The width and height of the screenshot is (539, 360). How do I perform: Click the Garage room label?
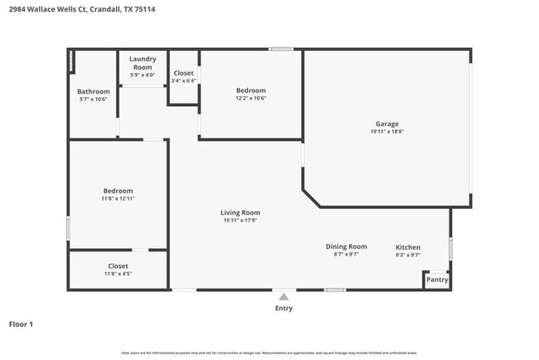click(x=386, y=124)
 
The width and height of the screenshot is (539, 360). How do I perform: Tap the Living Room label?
click(x=240, y=212)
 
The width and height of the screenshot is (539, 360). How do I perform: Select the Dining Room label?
click(x=345, y=246)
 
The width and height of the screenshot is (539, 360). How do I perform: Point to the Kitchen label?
click(x=407, y=247)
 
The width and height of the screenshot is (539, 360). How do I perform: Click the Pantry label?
click(x=437, y=280)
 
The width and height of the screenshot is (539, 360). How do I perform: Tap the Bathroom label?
click(x=93, y=91)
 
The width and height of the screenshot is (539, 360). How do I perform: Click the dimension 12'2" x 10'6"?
click(x=250, y=98)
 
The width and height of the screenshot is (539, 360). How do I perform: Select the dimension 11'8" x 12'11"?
click(x=118, y=198)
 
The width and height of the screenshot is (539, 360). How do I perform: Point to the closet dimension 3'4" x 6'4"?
click(x=183, y=81)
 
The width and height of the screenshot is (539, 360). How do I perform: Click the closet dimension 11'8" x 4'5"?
click(x=118, y=274)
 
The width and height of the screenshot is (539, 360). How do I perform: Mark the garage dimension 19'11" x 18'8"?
click(x=386, y=132)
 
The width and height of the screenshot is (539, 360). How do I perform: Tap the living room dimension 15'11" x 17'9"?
click(x=240, y=221)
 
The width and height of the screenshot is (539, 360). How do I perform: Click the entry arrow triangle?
click(x=284, y=296)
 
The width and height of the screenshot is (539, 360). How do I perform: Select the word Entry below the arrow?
click(x=284, y=308)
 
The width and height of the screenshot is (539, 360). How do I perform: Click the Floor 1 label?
click(x=21, y=324)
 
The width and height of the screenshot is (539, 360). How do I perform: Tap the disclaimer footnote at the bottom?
click(x=269, y=353)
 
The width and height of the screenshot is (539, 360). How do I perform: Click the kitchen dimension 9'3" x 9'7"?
click(x=407, y=255)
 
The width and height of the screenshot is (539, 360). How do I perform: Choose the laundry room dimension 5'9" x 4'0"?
click(x=143, y=75)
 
